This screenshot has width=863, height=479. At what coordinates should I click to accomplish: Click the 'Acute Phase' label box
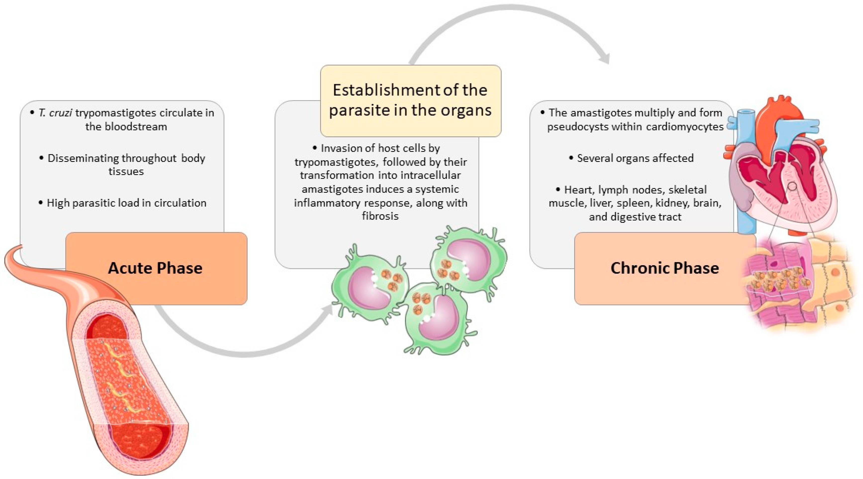(x=156, y=268)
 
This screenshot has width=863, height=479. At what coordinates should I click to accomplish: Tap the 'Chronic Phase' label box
(x=664, y=268)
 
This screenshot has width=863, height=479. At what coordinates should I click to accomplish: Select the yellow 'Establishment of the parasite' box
(x=410, y=100)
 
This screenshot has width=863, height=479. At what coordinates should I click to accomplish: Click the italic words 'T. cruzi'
(x=55, y=113)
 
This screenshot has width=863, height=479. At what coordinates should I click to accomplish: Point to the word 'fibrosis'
(x=380, y=216)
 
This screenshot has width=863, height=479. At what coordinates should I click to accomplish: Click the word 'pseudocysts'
(x=578, y=127)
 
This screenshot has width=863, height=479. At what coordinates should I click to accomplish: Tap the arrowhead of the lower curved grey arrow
(x=328, y=309)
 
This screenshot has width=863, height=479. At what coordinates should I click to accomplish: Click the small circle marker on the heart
(x=792, y=186)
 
